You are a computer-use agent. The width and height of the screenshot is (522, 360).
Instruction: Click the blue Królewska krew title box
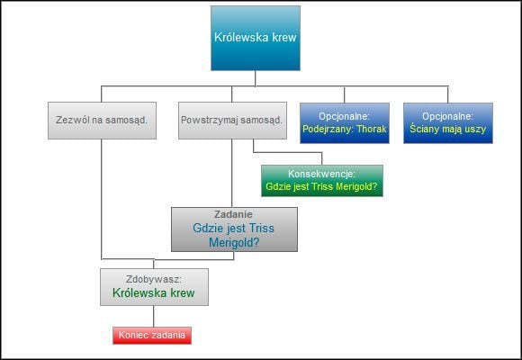coord(256,38)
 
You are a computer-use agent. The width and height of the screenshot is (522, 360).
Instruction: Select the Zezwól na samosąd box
coord(101,121)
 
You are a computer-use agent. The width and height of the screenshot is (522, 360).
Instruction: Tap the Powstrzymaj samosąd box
coord(231,121)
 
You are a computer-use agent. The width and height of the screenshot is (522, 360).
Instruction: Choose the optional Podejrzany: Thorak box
coord(346,122)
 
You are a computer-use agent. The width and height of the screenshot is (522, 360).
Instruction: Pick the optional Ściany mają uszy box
coord(448,122)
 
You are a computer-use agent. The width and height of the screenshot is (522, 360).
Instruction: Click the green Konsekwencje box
coord(321,180)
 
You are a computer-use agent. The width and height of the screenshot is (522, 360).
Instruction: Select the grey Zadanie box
coord(234,229)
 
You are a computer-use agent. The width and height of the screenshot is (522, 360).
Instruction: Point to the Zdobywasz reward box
coord(154,286)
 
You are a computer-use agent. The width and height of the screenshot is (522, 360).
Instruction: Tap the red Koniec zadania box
coord(153,336)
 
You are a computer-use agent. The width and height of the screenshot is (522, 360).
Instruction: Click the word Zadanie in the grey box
coord(234,214)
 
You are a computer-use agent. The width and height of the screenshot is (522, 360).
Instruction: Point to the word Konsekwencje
coord(322,173)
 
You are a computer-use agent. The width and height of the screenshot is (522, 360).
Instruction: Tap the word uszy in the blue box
coord(474,130)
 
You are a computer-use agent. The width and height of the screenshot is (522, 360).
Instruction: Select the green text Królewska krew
coord(154,293)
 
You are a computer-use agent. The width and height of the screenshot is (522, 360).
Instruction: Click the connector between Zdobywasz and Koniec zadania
coord(153,316)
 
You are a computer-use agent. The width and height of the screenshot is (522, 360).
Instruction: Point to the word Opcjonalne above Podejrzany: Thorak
coord(346,116)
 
